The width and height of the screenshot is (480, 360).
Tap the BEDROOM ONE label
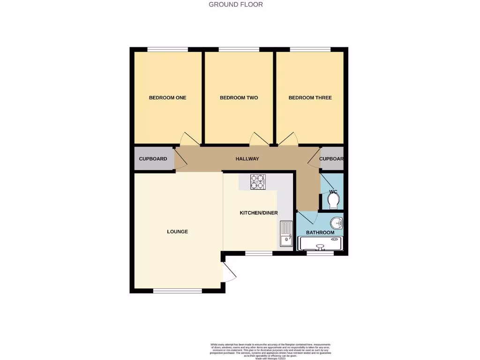pos(167,98)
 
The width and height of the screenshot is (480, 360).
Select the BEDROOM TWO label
pos(239,98)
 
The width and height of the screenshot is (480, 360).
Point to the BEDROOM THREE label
pos(310,98)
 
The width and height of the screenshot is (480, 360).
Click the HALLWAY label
pos(247,159)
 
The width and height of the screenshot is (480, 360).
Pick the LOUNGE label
pos(178,232)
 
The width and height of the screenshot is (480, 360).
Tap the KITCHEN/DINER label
pos(259,213)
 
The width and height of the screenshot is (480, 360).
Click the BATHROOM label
pos(320,232)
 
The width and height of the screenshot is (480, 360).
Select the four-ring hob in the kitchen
pos(258,181)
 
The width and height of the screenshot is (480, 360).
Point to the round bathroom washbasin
pos(336,222)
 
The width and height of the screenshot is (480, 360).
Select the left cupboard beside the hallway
pos(153,159)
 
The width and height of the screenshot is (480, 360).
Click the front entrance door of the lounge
pos(228,272)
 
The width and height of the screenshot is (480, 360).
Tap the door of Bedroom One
pos(190,139)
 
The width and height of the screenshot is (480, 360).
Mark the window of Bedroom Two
pos(239,49)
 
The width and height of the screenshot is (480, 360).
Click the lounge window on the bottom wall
pos(178,291)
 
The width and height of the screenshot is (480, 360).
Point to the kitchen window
pos(259,253)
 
